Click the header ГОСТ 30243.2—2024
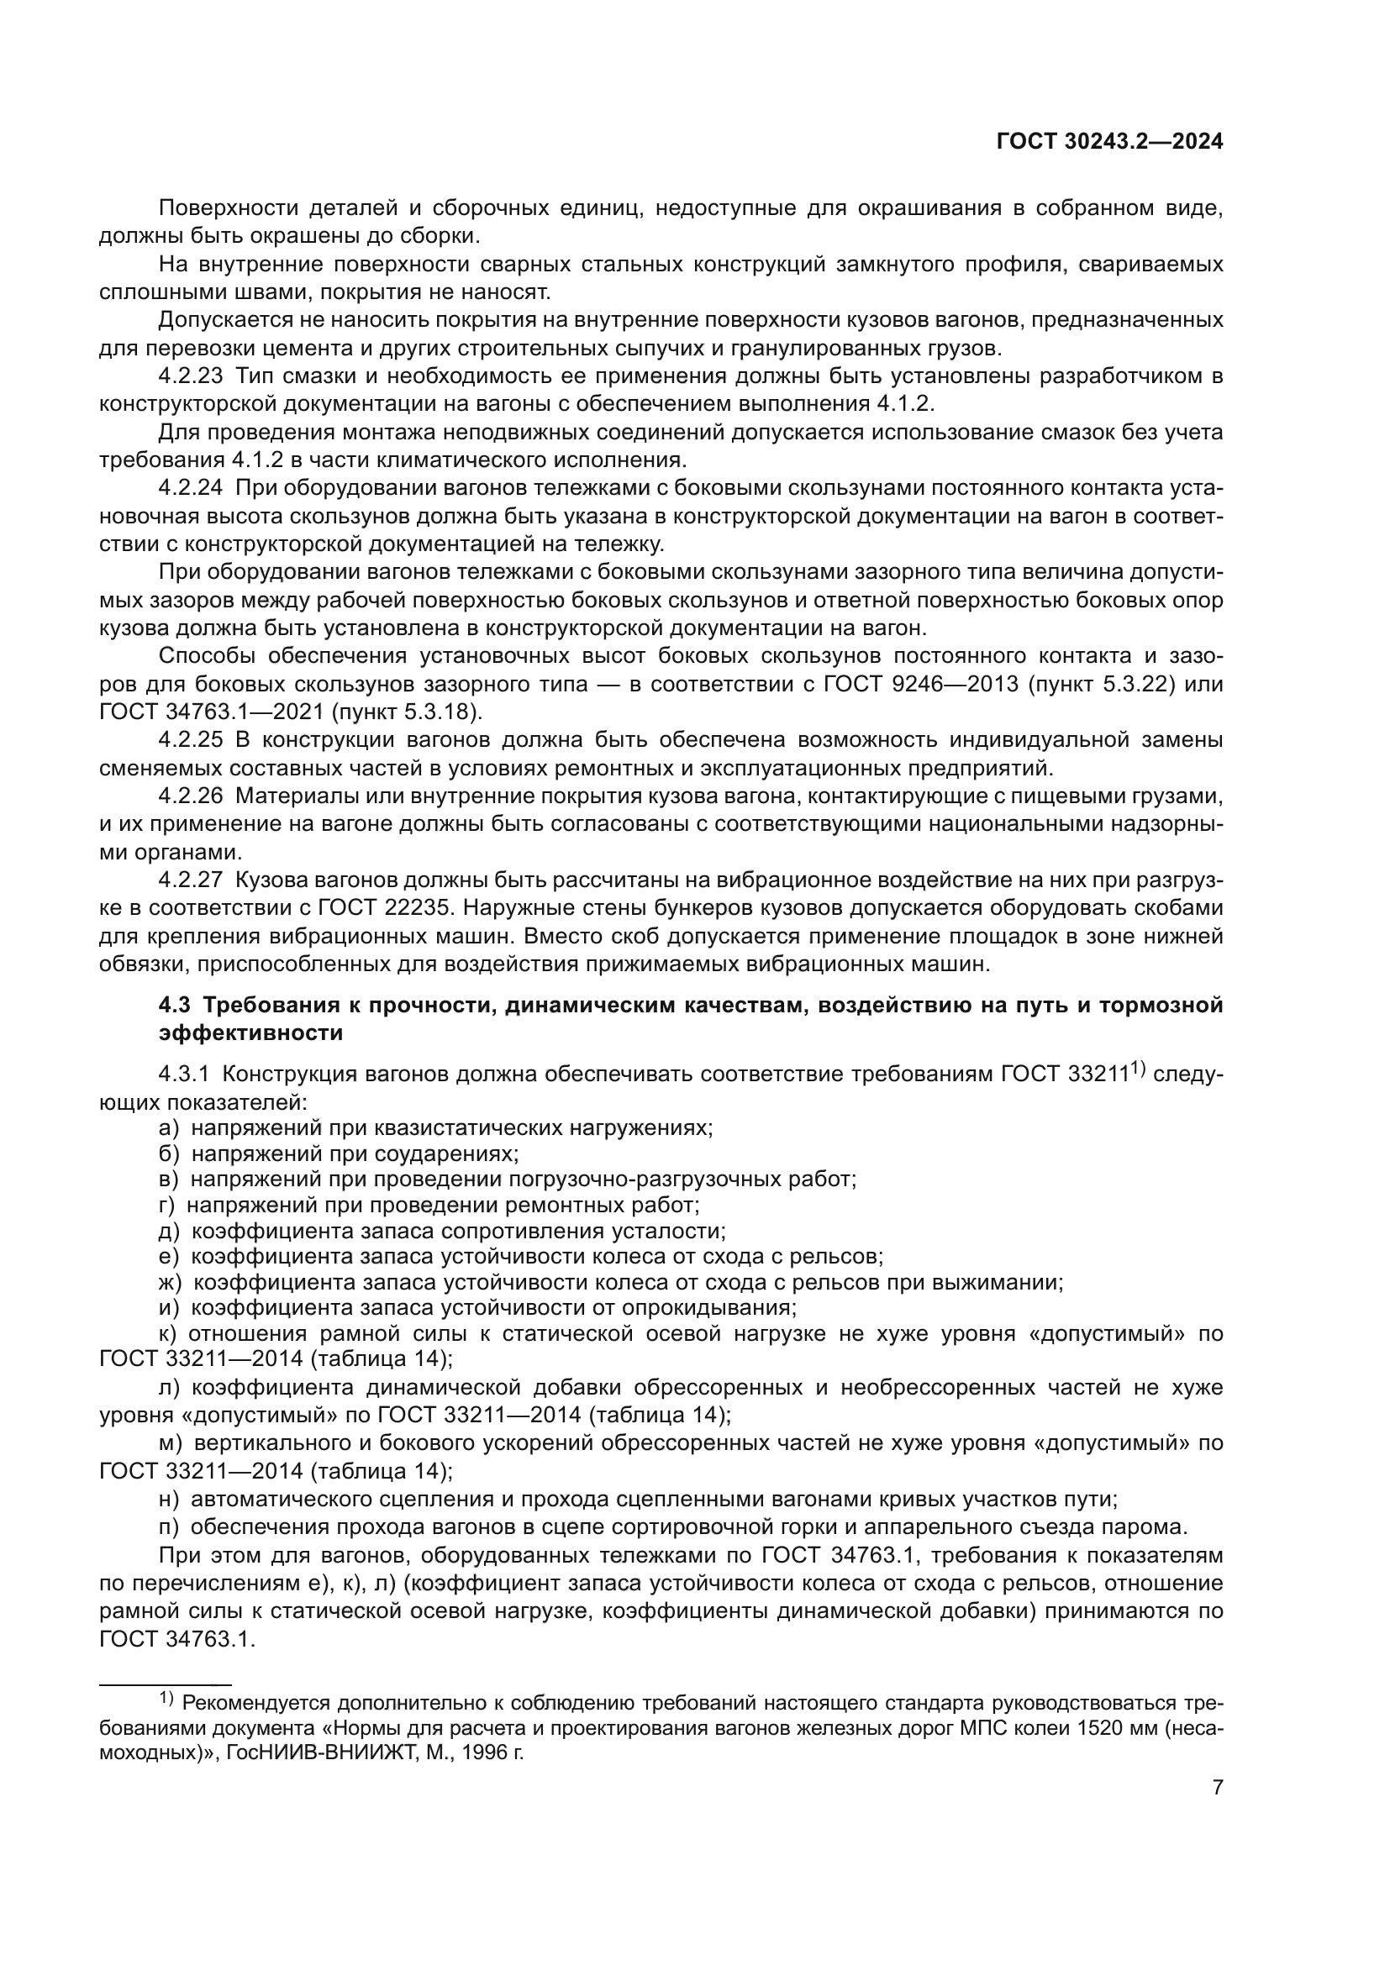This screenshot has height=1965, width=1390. coord(1109,142)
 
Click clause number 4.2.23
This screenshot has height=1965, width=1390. coord(190,376)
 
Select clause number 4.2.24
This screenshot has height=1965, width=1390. coord(190,488)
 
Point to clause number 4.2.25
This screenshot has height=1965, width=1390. coord(190,739)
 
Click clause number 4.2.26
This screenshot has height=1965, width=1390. coord(190,796)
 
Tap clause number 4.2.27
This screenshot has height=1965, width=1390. coord(190,880)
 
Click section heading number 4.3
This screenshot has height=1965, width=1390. coord(174,1005)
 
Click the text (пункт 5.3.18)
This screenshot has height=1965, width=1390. coord(407,712)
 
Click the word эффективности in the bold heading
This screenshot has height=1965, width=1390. coord(250,1033)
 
